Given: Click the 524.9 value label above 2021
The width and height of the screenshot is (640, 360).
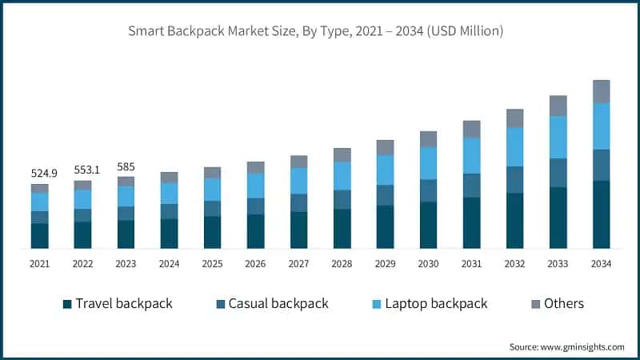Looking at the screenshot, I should click(x=40, y=174).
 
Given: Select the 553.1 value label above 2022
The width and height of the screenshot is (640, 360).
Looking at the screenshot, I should click(x=82, y=170).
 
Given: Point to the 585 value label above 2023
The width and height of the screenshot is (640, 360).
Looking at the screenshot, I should click(x=126, y=166).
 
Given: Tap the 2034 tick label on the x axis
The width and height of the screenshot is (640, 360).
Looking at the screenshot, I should click(x=601, y=263).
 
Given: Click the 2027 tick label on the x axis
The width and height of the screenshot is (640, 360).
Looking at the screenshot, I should click(x=298, y=263).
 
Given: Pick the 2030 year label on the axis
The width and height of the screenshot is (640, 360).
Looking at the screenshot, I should click(x=428, y=263).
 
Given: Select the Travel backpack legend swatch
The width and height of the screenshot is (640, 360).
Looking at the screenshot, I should click(x=68, y=304).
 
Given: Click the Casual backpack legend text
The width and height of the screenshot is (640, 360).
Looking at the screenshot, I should click(x=278, y=304).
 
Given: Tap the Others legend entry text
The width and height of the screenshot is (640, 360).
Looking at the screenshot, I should click(x=564, y=304).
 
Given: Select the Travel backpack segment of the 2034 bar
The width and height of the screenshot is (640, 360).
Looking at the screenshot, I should click(x=601, y=214).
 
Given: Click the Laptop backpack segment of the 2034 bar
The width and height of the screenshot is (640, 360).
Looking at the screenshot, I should click(x=601, y=126).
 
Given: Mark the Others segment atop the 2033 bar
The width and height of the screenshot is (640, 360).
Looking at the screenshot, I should click(x=558, y=106).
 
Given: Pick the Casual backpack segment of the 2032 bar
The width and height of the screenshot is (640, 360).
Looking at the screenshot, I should click(x=514, y=180).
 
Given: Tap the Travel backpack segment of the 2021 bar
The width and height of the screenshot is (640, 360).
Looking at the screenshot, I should click(x=40, y=236).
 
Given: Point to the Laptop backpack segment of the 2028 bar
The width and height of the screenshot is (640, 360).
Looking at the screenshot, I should click(x=342, y=176).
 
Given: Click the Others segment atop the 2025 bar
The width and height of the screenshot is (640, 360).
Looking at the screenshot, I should click(x=212, y=173).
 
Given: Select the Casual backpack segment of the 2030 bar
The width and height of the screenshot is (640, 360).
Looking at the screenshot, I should click(x=428, y=190).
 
